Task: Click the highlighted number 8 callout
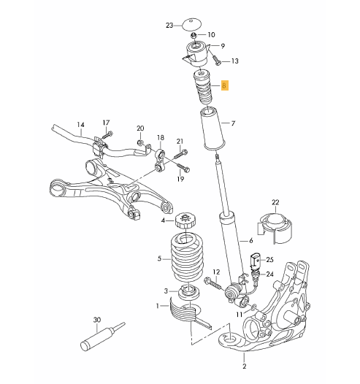tap(225, 85)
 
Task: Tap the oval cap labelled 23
tap(192, 25)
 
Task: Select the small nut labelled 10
tap(194, 36)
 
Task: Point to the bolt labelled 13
tap(215, 60)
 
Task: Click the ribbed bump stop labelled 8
tap(203, 88)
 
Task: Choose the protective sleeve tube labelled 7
tap(213, 128)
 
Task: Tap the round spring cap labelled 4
tap(185, 220)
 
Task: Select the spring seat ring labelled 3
tap(188, 293)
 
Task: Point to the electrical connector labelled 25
tap(254, 261)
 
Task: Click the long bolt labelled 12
tap(212, 283)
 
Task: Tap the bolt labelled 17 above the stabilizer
tap(107, 135)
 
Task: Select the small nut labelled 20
tap(140, 142)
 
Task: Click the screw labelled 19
tap(183, 167)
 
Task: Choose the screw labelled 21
tap(180, 154)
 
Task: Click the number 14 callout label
tap(80, 125)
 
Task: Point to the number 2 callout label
tap(244, 366)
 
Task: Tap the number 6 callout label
tap(250, 241)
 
